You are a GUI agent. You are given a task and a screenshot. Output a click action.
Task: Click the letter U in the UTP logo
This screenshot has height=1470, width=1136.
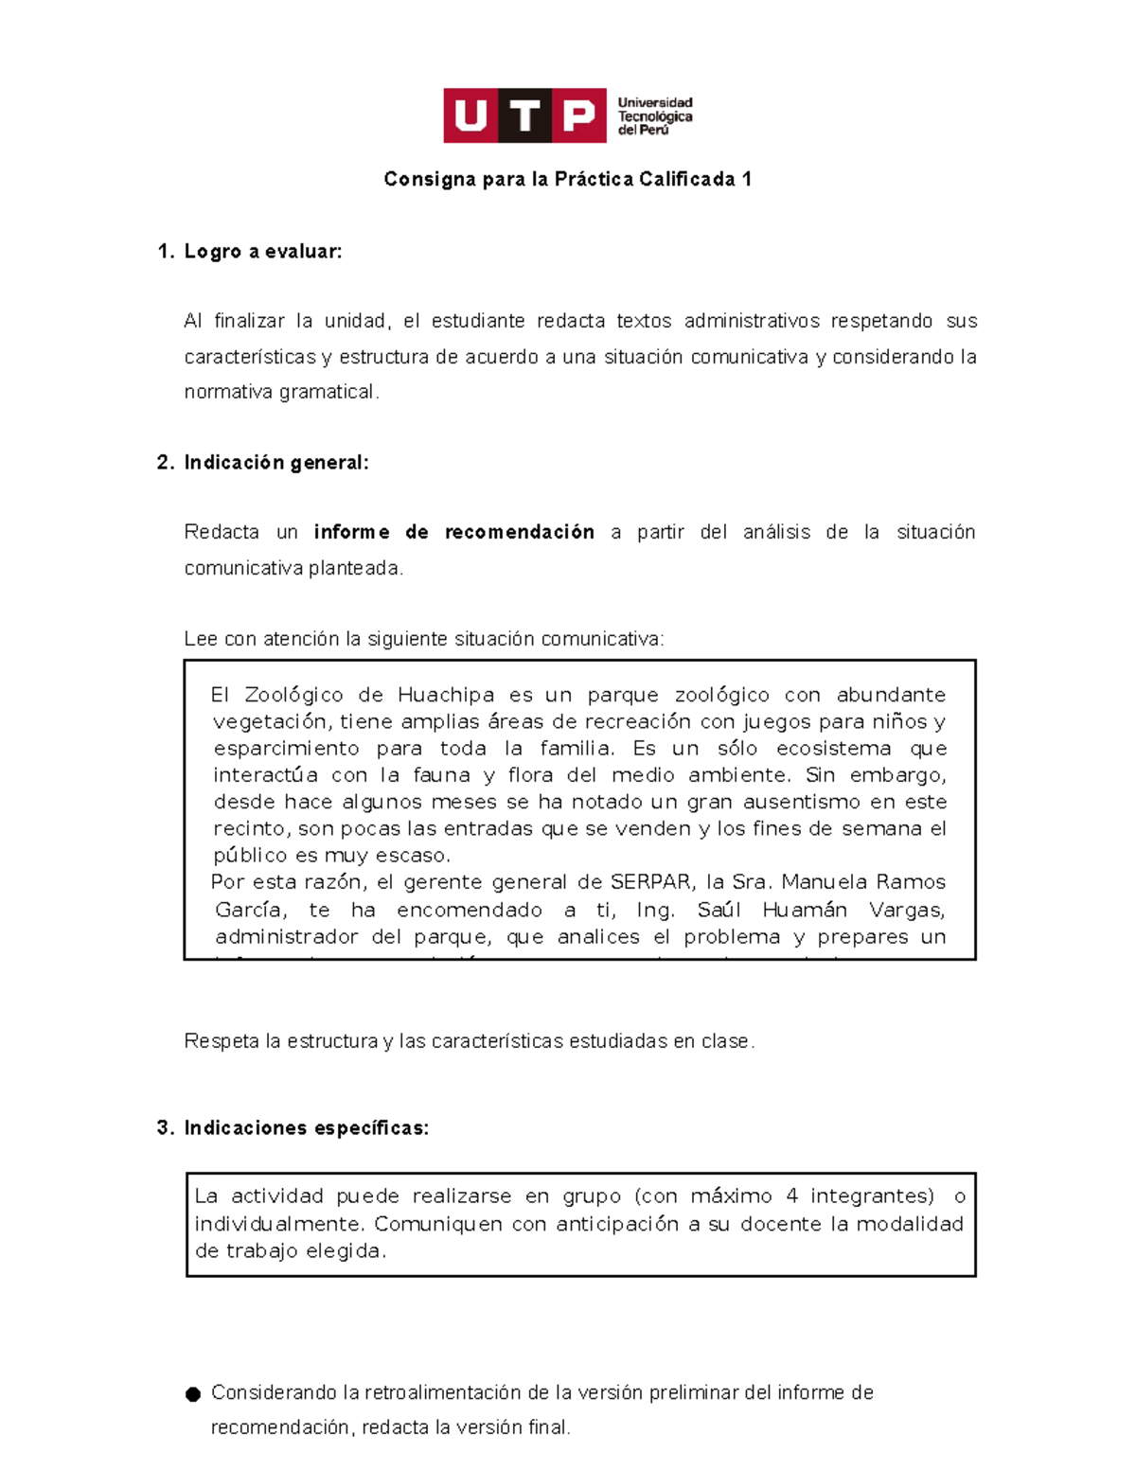point(470,115)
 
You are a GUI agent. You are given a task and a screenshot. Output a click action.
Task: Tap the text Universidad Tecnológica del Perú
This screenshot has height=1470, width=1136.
point(654,116)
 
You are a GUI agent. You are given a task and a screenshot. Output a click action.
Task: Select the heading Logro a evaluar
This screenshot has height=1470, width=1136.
point(262,251)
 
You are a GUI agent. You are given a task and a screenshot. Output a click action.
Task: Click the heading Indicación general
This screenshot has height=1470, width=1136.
point(275,462)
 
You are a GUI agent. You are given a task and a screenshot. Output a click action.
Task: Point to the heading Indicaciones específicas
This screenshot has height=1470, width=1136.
point(306,1127)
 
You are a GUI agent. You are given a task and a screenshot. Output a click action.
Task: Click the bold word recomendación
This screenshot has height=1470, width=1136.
point(519,532)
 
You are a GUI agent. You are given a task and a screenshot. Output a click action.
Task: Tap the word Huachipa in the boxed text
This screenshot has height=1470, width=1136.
point(445,695)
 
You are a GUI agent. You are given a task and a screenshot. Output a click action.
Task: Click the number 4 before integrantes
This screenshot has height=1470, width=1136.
point(791,1195)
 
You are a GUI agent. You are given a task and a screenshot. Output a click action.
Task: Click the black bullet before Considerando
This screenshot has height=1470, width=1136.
point(193,1393)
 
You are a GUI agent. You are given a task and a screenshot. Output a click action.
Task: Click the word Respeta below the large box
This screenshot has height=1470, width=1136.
point(222,1041)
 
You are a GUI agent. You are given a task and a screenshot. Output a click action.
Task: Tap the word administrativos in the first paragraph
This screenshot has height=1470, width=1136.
point(752,321)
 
